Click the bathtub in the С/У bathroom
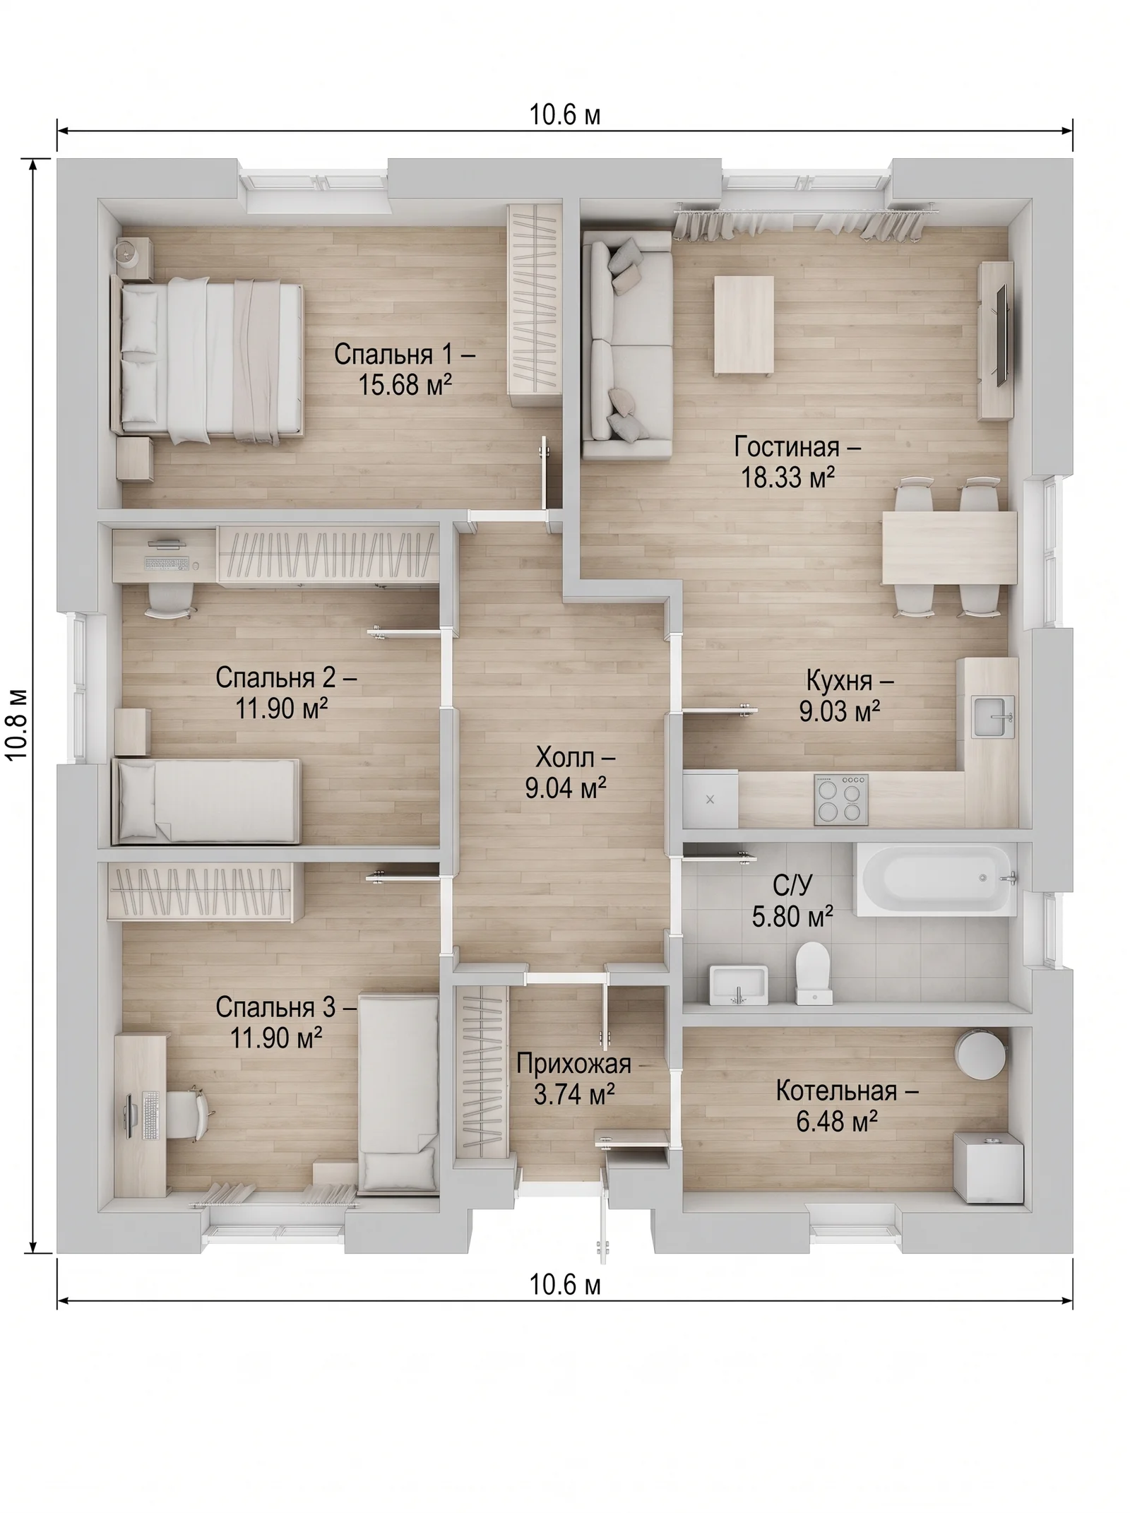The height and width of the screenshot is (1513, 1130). (x=935, y=879)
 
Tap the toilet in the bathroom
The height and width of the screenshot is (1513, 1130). (x=813, y=973)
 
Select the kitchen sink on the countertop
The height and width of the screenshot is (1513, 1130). (x=994, y=716)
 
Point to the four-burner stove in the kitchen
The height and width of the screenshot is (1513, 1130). (x=841, y=800)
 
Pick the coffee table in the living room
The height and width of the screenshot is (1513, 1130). (x=743, y=326)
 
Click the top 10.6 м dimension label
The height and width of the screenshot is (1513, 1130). (x=565, y=114)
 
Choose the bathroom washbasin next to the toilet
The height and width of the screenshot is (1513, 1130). (x=738, y=984)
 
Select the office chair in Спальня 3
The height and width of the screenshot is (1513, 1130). (x=188, y=1113)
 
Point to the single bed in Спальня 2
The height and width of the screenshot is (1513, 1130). (x=207, y=801)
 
